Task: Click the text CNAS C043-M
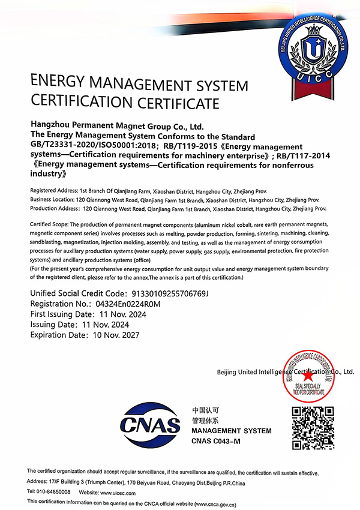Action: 215,442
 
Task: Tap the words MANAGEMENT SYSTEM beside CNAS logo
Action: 231,431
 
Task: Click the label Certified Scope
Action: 50,224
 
